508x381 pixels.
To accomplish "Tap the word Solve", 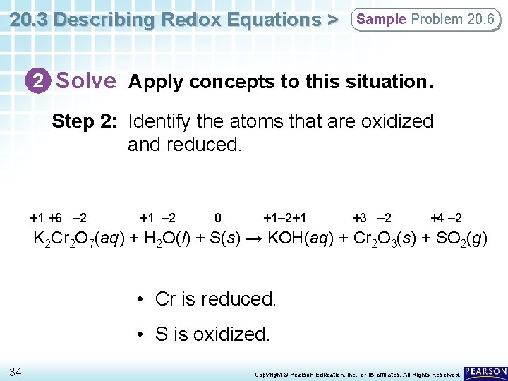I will tap(86, 81).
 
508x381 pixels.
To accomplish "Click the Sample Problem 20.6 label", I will tap(425, 19).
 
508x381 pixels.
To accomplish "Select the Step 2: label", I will tap(83, 121).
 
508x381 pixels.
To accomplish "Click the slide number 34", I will tap(16, 372).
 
